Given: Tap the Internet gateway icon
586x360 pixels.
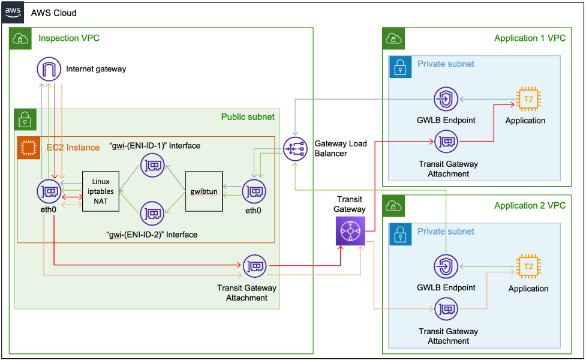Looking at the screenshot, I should [x=49, y=69].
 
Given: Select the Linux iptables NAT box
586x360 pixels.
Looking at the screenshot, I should [x=101, y=191].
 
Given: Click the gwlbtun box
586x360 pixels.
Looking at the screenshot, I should [x=204, y=191].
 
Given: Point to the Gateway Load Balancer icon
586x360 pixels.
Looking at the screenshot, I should [x=295, y=148].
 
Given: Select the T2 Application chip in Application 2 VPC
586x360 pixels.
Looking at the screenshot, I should [x=528, y=266].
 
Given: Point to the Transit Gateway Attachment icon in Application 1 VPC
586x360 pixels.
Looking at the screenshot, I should [x=446, y=142].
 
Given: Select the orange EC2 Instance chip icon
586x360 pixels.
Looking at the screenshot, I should [x=27, y=146].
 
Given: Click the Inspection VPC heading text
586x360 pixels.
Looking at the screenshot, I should [x=69, y=38].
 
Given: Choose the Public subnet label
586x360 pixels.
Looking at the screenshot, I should [x=248, y=117].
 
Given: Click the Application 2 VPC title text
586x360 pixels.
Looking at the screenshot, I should [x=530, y=206].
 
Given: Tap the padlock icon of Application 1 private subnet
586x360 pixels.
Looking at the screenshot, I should [x=399, y=67].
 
